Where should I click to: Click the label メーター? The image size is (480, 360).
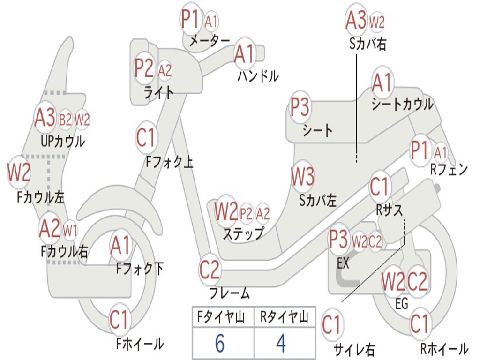coord(209,41)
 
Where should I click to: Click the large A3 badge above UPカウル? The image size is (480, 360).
coord(45,119)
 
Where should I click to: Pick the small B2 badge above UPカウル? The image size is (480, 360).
coord(66,120)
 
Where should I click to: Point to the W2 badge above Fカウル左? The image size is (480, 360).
coord(19,172)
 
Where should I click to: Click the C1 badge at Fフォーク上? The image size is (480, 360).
coord(146,137)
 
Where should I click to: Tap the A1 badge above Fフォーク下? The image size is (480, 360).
coord(121,245)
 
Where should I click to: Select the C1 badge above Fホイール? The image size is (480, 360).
coord(119,320)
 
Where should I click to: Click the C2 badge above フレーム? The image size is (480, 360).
coord(210,269)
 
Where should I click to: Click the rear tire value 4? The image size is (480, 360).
coord(281,344)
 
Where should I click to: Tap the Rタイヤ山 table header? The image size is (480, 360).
coord(284,317)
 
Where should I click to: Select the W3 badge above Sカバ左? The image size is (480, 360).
coord(302,177)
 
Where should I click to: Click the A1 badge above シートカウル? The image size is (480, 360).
coord(382,83)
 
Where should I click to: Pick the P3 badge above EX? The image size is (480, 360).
coord(338,240)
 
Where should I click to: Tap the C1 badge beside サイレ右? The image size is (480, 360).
coord(332,325)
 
